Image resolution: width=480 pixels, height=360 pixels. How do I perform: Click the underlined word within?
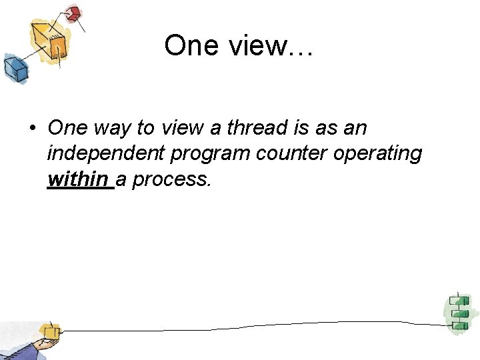(78, 179)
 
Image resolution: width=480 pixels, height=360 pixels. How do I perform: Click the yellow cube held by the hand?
(48, 331)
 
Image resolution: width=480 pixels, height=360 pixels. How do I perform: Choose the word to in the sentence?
(145, 127)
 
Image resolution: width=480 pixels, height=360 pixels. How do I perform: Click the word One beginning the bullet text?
(67, 127)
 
